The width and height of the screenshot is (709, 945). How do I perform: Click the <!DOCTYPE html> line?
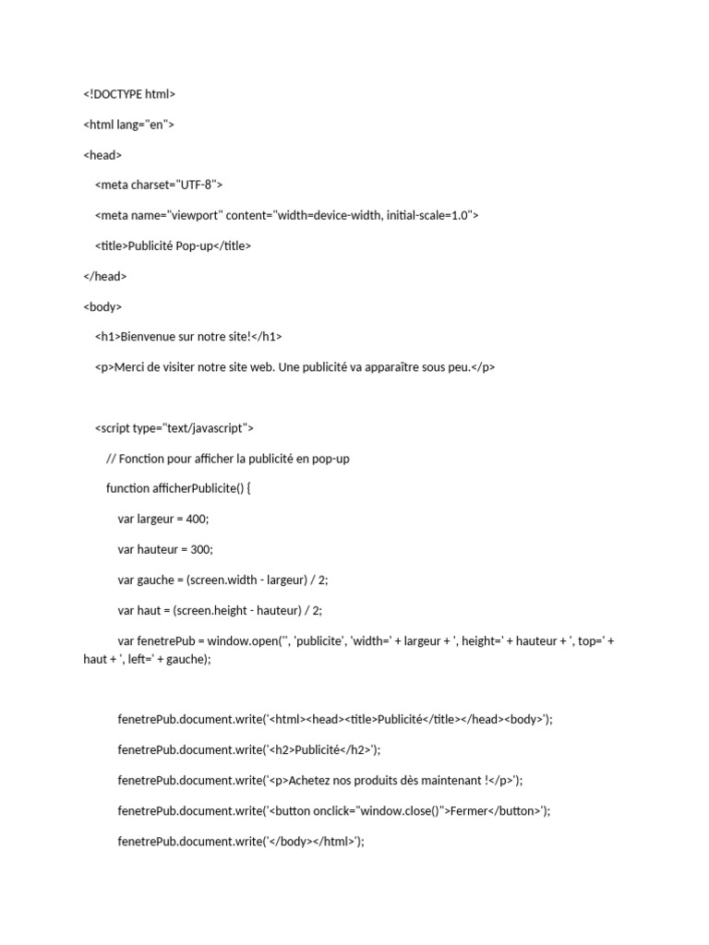click(129, 93)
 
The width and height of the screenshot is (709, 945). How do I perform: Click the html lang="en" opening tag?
click(128, 124)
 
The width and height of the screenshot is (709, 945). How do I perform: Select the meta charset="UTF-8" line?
click(159, 185)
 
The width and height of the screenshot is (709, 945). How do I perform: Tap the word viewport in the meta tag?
click(195, 215)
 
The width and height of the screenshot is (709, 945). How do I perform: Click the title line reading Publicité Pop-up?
click(173, 245)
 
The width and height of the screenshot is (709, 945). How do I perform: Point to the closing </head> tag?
click(105, 276)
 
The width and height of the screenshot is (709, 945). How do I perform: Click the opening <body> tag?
click(102, 306)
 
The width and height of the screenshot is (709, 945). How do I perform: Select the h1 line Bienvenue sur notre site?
click(188, 337)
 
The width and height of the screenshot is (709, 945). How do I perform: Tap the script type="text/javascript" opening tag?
click(174, 428)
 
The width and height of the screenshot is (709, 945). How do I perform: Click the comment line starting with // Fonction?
click(228, 459)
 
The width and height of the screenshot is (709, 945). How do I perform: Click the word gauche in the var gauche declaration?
click(156, 580)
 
